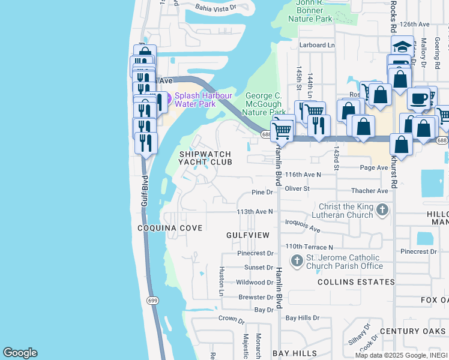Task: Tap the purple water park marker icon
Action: click(167, 98)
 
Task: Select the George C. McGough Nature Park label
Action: click(266, 104)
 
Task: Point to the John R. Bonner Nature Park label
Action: click(314, 11)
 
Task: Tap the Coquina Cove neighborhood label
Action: click(170, 228)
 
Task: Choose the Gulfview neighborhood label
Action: click(248, 235)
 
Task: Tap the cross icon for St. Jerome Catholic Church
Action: click(297, 261)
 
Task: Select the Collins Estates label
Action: click(356, 281)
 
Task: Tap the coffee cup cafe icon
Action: click(418, 98)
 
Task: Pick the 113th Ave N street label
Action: click(255, 212)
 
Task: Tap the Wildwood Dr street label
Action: click(255, 282)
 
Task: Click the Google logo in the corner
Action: click(20, 353)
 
